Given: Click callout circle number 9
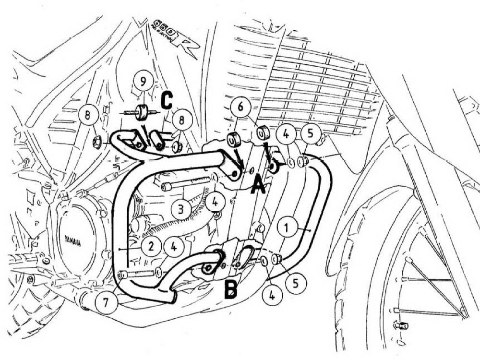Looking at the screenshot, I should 141,82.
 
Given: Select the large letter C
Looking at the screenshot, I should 166,100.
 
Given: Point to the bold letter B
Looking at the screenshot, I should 231,288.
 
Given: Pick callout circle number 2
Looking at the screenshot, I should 151,247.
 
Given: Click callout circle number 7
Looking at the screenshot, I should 105,302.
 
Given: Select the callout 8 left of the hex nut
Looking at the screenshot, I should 89,116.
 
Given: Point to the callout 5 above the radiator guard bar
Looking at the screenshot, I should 310,134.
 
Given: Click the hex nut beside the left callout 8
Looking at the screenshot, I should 96,141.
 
